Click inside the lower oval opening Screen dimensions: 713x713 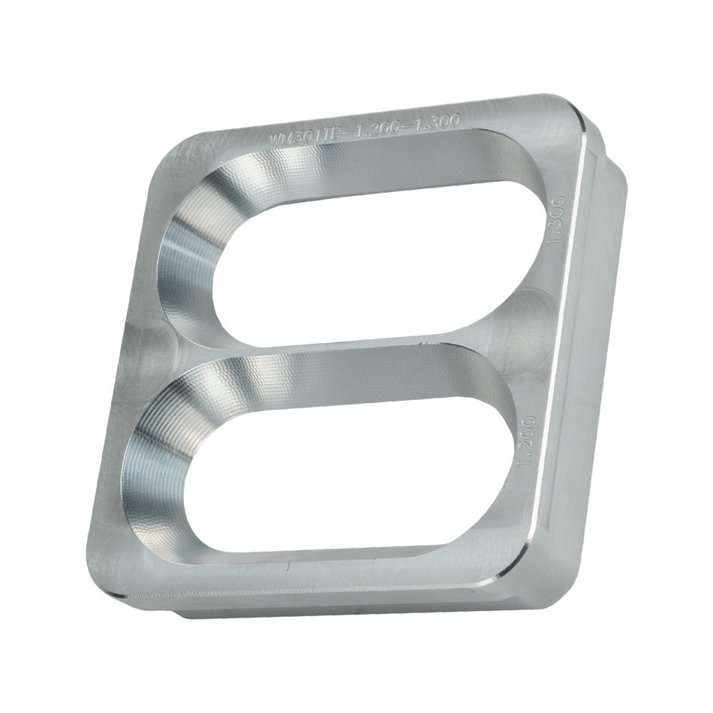pyautogui.click(x=338, y=480)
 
